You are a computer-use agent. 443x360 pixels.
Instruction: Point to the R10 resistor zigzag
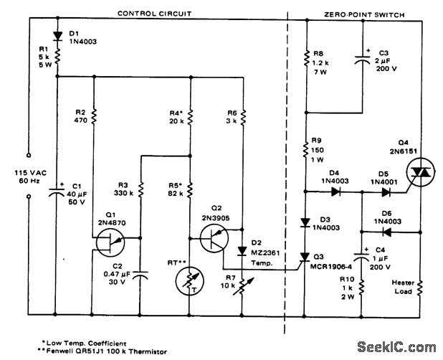point(362,290)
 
